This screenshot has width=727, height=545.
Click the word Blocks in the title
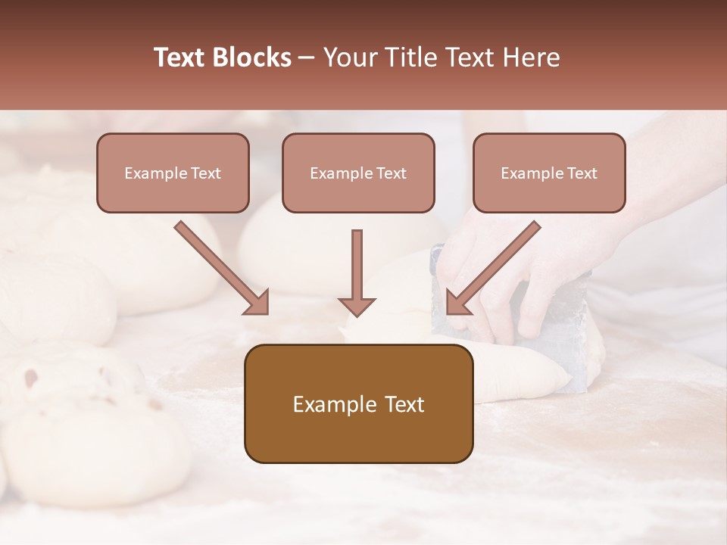tap(253, 58)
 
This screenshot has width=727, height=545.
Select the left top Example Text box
tap(173, 173)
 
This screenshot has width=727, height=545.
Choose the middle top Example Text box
tap(358, 173)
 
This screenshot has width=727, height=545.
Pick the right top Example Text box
tap(549, 173)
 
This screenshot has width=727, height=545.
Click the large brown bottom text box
tap(358, 403)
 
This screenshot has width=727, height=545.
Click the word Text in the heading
tap(181, 58)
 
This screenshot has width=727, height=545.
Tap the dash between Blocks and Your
tap(307, 58)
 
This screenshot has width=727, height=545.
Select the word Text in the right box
tap(582, 173)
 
